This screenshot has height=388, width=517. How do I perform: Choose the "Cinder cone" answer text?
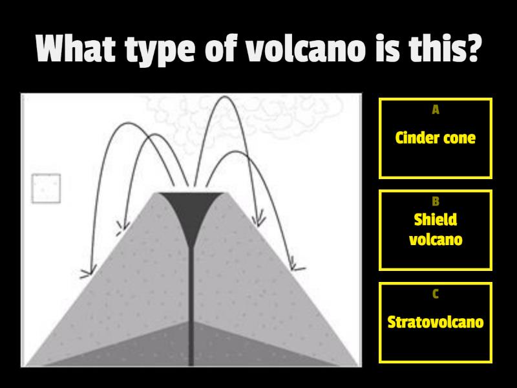pyautogui.click(x=435, y=138)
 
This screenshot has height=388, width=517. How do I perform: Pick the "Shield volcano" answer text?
pyautogui.click(x=435, y=230)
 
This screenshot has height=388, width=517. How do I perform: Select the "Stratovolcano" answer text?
pyautogui.click(x=435, y=321)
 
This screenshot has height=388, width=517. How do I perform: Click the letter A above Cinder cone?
pyautogui.click(x=436, y=110)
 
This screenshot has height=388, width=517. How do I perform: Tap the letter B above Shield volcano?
pyautogui.click(x=436, y=202)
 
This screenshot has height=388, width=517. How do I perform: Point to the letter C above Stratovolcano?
pyautogui.click(x=436, y=294)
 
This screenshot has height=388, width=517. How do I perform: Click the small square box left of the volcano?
pyautogui.click(x=46, y=188)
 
